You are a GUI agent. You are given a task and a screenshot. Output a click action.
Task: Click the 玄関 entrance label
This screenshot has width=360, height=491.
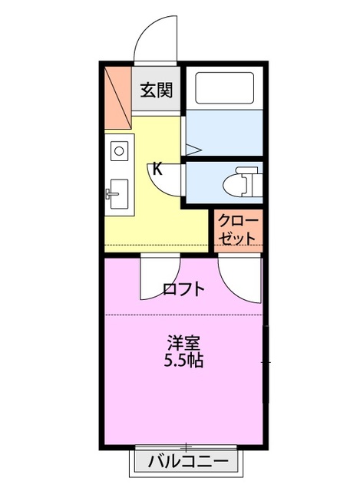click(x=156, y=90)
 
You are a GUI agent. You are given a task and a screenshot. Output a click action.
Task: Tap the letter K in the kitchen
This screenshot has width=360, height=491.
click(x=157, y=168)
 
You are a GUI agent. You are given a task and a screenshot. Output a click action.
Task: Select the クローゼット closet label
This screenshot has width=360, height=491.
click(x=237, y=229)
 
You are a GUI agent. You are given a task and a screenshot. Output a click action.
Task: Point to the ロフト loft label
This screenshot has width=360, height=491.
click(x=184, y=289)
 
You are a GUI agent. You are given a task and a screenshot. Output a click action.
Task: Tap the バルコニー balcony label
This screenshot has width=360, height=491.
click(x=187, y=462)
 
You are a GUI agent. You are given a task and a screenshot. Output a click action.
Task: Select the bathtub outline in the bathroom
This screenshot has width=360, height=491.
click(x=225, y=88)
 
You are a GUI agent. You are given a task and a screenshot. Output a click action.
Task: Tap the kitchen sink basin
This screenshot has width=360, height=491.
click(x=119, y=193)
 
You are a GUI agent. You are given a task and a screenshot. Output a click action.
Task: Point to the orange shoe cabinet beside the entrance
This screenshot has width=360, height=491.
click(x=117, y=89)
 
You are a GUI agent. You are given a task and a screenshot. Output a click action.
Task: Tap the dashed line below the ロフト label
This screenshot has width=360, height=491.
click(x=184, y=315)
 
